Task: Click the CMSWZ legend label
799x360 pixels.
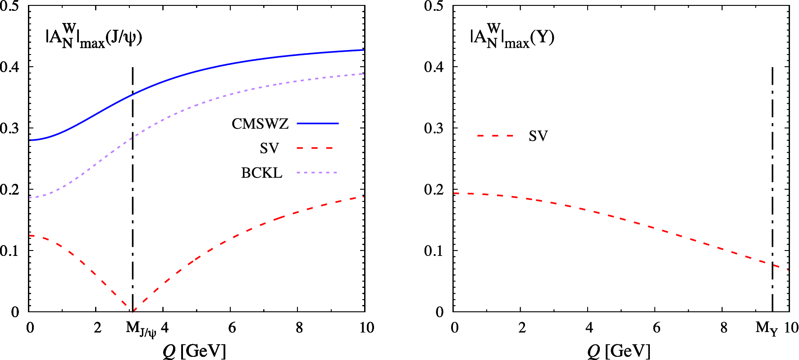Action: tap(260, 123)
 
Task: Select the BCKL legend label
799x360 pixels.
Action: tap(261, 173)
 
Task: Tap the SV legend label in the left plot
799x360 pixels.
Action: tap(269, 148)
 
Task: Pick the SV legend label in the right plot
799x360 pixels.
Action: tap(538, 136)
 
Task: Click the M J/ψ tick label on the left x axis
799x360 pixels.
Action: tap(141, 329)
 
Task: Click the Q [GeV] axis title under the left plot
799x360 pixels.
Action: tap(194, 351)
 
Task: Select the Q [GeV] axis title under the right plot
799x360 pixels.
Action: tap(619, 351)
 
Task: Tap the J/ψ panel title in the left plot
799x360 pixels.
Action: tap(94, 36)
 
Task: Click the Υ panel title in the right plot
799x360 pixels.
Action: tap(512, 36)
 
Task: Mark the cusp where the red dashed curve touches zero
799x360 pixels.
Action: tap(133, 310)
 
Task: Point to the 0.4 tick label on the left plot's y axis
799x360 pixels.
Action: tap(10, 67)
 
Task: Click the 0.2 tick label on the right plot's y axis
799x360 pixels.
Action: tap(434, 190)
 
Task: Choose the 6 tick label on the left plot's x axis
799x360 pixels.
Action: tap(232, 328)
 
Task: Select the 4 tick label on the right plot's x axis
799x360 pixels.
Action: tap(589, 328)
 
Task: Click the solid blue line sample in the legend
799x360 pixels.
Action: tap(318, 123)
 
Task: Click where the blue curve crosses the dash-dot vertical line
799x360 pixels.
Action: tap(133, 95)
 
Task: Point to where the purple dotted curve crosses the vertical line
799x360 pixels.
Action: tap(133, 136)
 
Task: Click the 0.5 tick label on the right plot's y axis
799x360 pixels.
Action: tap(434, 6)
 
